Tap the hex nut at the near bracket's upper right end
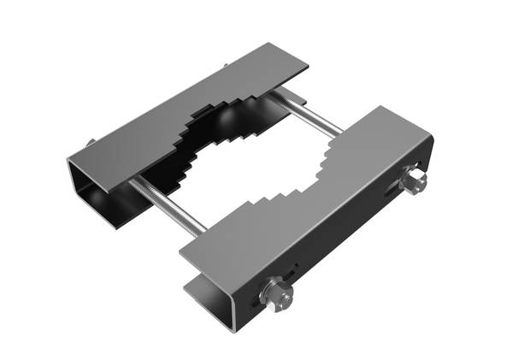(x=413, y=181)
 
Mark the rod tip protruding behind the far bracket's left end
(x=90, y=142)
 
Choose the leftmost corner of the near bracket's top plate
(x=181, y=253)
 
